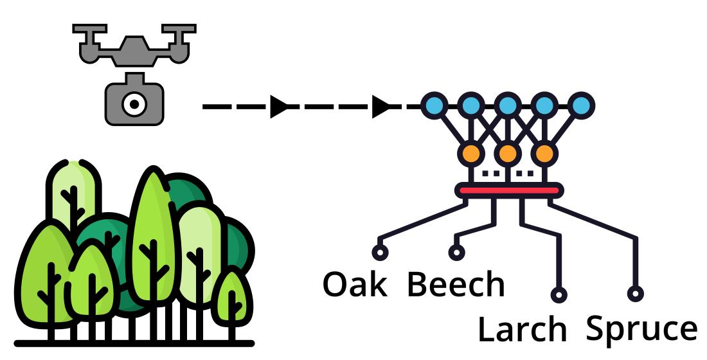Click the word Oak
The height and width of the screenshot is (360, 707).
coord(355,283)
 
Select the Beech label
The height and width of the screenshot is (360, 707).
coord(456,283)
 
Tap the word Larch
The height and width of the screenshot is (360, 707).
coord(522,329)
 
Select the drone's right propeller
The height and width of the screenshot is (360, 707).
coord(178,30)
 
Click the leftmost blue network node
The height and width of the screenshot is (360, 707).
coord(434,105)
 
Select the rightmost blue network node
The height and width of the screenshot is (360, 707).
coord(581,105)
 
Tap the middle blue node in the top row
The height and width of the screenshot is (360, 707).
coord(508,105)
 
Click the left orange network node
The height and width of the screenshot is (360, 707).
coord(470,154)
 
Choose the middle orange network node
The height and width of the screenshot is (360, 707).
coord(508,154)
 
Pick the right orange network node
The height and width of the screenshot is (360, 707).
coord(544,154)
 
